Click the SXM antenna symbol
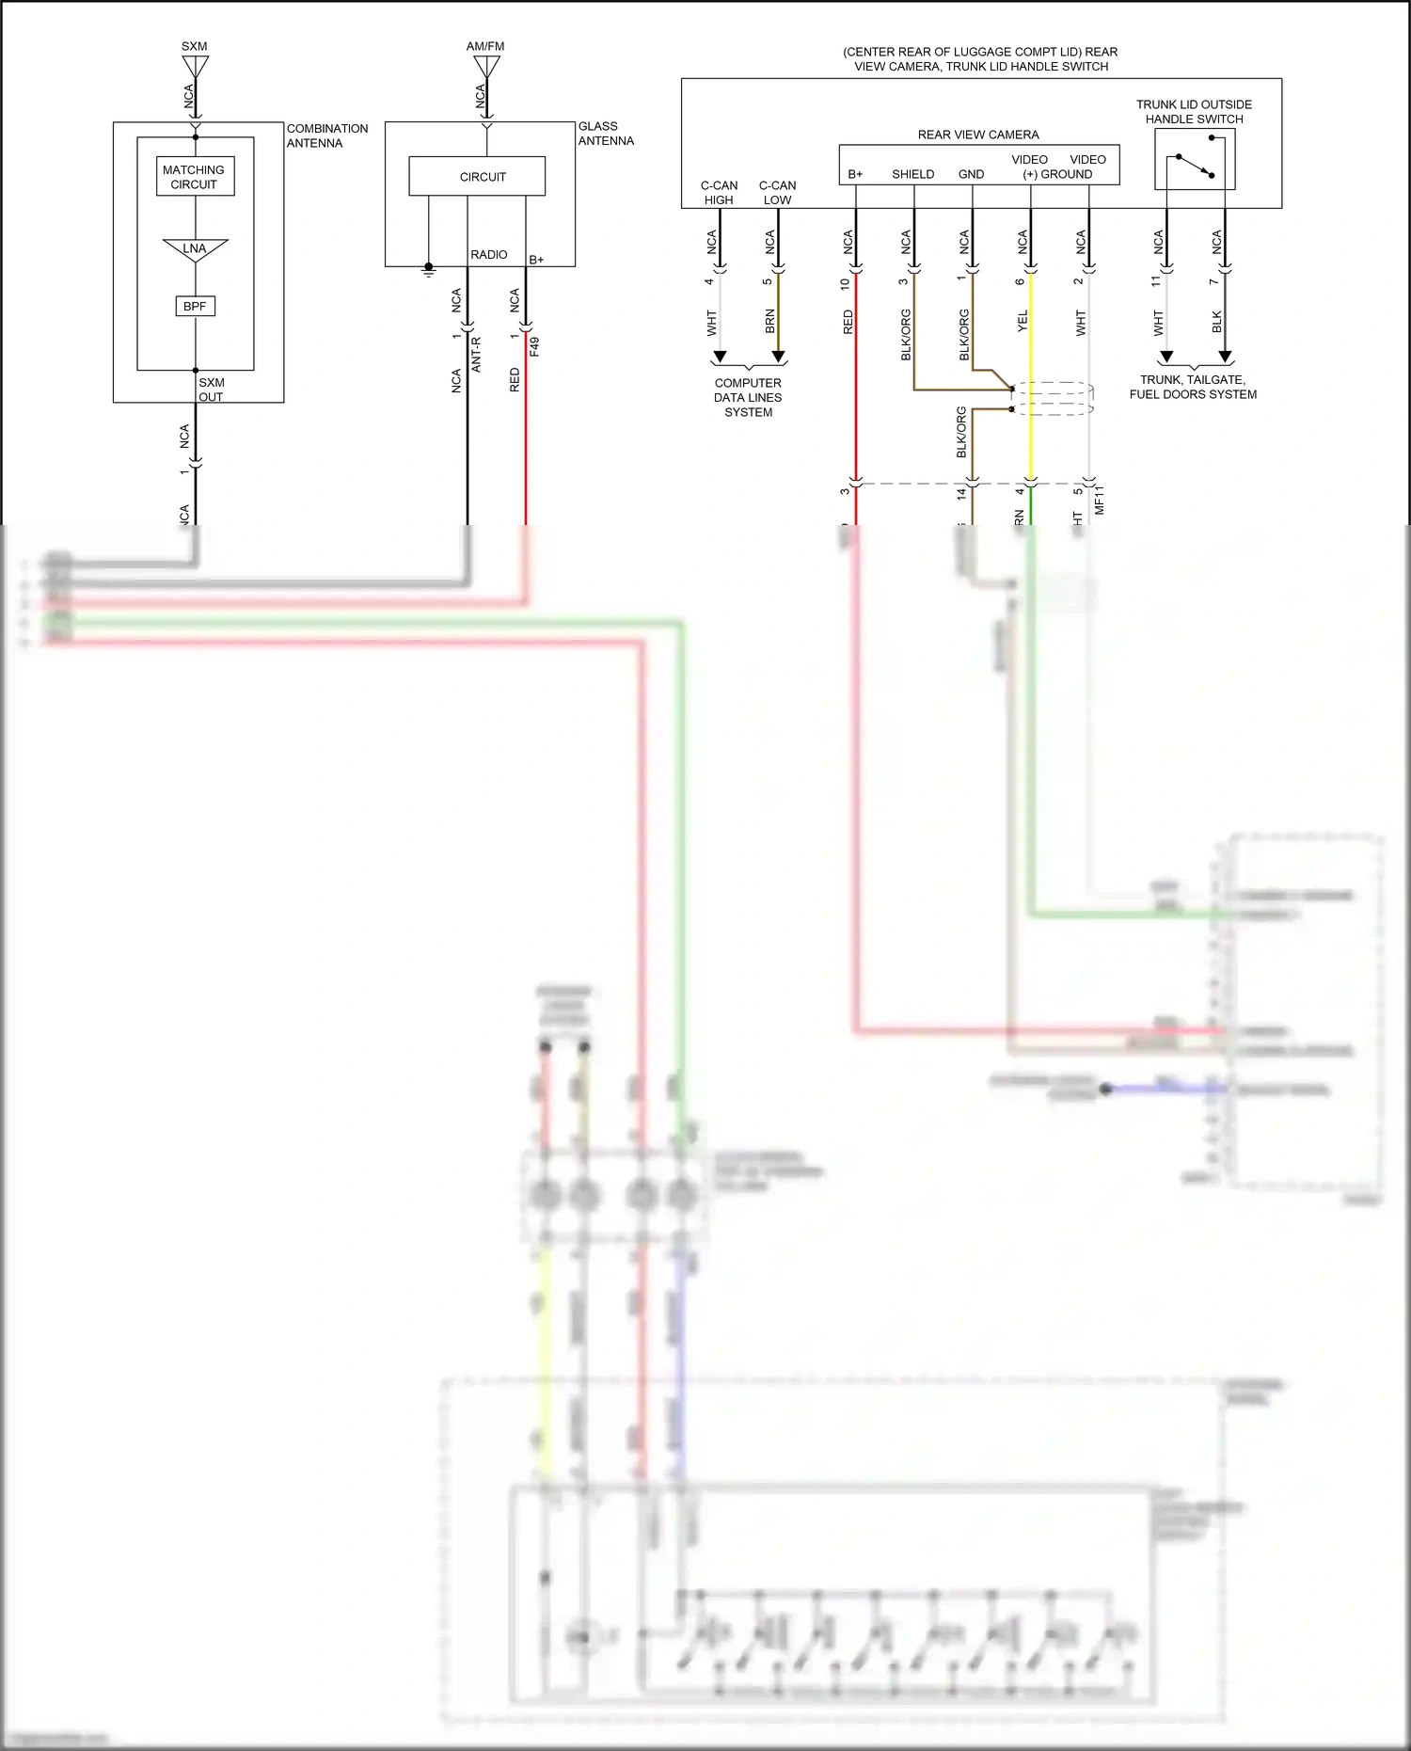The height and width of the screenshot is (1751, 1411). click(x=196, y=67)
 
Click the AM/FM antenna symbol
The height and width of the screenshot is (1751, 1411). click(x=486, y=67)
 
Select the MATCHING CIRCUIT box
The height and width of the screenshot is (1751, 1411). click(x=195, y=177)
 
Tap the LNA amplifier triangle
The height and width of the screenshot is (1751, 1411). click(x=196, y=249)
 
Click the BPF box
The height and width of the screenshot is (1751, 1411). click(x=196, y=306)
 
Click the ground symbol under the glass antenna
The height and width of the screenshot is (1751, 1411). click(x=429, y=270)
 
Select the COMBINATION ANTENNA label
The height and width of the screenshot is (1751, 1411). click(x=327, y=135)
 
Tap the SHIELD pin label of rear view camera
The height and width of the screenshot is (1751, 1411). click(x=912, y=174)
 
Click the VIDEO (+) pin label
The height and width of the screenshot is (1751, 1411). click(x=1030, y=167)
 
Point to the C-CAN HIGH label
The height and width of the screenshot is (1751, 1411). click(x=719, y=192)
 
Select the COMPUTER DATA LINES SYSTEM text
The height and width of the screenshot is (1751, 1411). click(x=748, y=397)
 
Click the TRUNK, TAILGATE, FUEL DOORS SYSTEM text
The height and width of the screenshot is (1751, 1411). click(x=1193, y=387)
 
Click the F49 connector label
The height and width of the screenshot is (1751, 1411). click(x=534, y=346)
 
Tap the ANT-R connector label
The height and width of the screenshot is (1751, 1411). click(x=476, y=355)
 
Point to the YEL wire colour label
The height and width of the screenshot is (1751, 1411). click(x=1023, y=322)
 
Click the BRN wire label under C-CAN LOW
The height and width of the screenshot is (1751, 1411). click(x=770, y=321)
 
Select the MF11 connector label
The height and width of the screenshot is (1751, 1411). click(x=1100, y=500)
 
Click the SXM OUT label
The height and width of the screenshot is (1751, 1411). click(x=212, y=390)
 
